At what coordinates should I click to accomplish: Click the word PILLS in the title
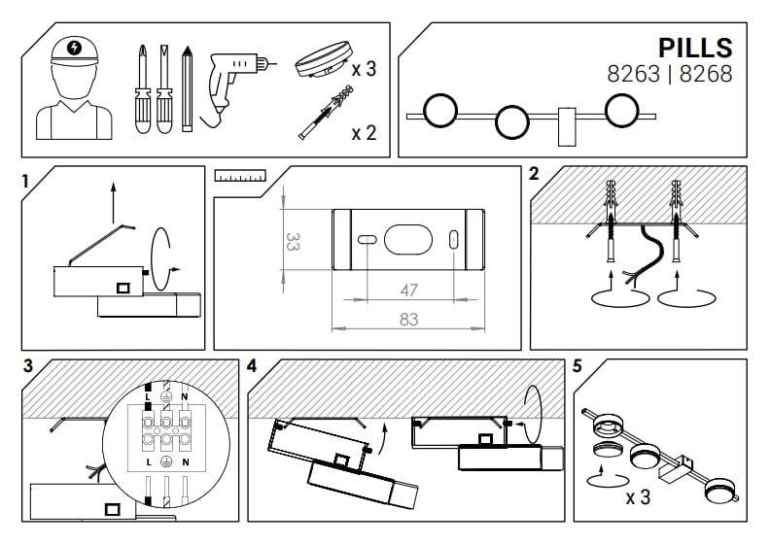[694, 48]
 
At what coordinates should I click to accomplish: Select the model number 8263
[633, 74]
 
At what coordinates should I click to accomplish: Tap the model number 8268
[706, 74]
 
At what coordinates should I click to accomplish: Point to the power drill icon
[234, 81]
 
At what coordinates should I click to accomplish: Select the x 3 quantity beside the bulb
[364, 69]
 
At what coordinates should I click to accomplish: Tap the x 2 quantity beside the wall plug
[364, 132]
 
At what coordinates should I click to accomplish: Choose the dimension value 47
[408, 290]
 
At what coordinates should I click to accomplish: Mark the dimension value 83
[408, 319]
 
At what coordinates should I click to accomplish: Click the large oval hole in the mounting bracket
[407, 239]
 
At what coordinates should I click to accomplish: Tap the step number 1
[26, 179]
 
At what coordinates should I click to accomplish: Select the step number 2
[534, 175]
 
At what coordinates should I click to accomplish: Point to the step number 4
[253, 367]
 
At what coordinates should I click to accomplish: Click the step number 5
[578, 367]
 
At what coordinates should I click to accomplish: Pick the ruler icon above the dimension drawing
[240, 176]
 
